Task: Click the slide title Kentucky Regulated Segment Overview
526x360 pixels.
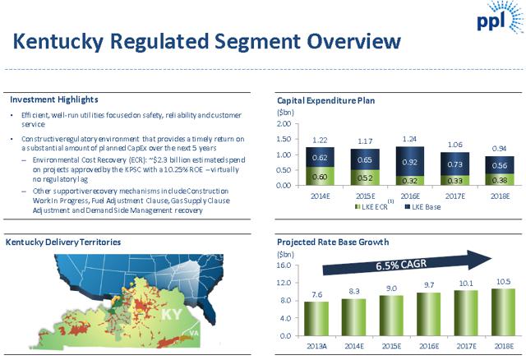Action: coord(208,41)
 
